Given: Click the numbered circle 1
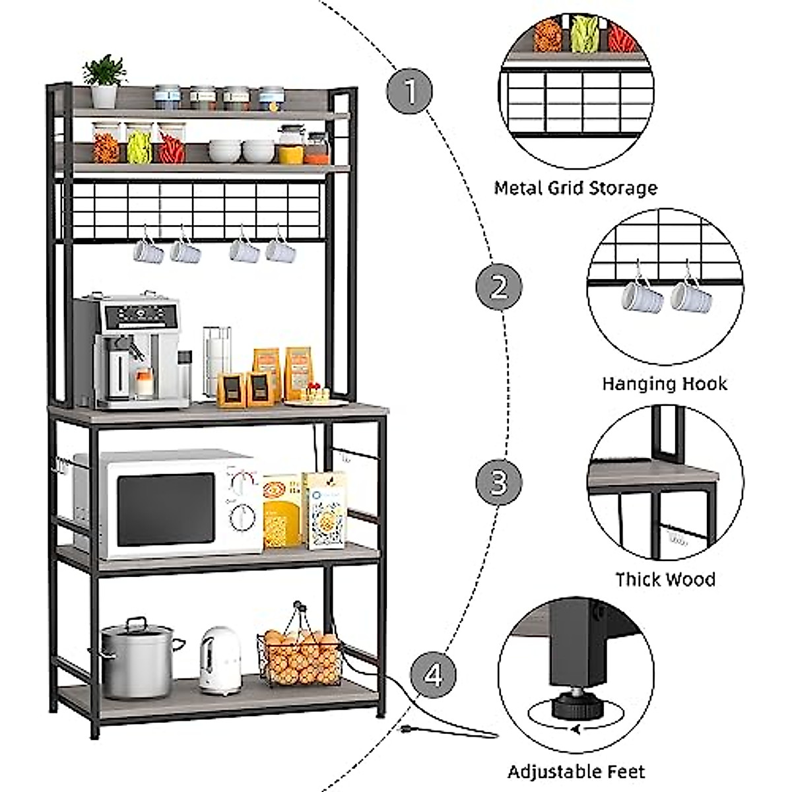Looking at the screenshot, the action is click(x=409, y=91).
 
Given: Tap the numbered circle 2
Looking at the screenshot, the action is click(x=499, y=286).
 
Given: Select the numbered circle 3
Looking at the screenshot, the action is click(x=499, y=482).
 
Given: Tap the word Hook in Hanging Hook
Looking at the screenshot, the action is click(x=705, y=383).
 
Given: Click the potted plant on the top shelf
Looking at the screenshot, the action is click(x=104, y=81).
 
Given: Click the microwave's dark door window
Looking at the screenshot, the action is click(x=166, y=510).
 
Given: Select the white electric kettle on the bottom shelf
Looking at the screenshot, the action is click(x=220, y=662).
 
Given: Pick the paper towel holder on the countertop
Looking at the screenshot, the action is click(x=216, y=361).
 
